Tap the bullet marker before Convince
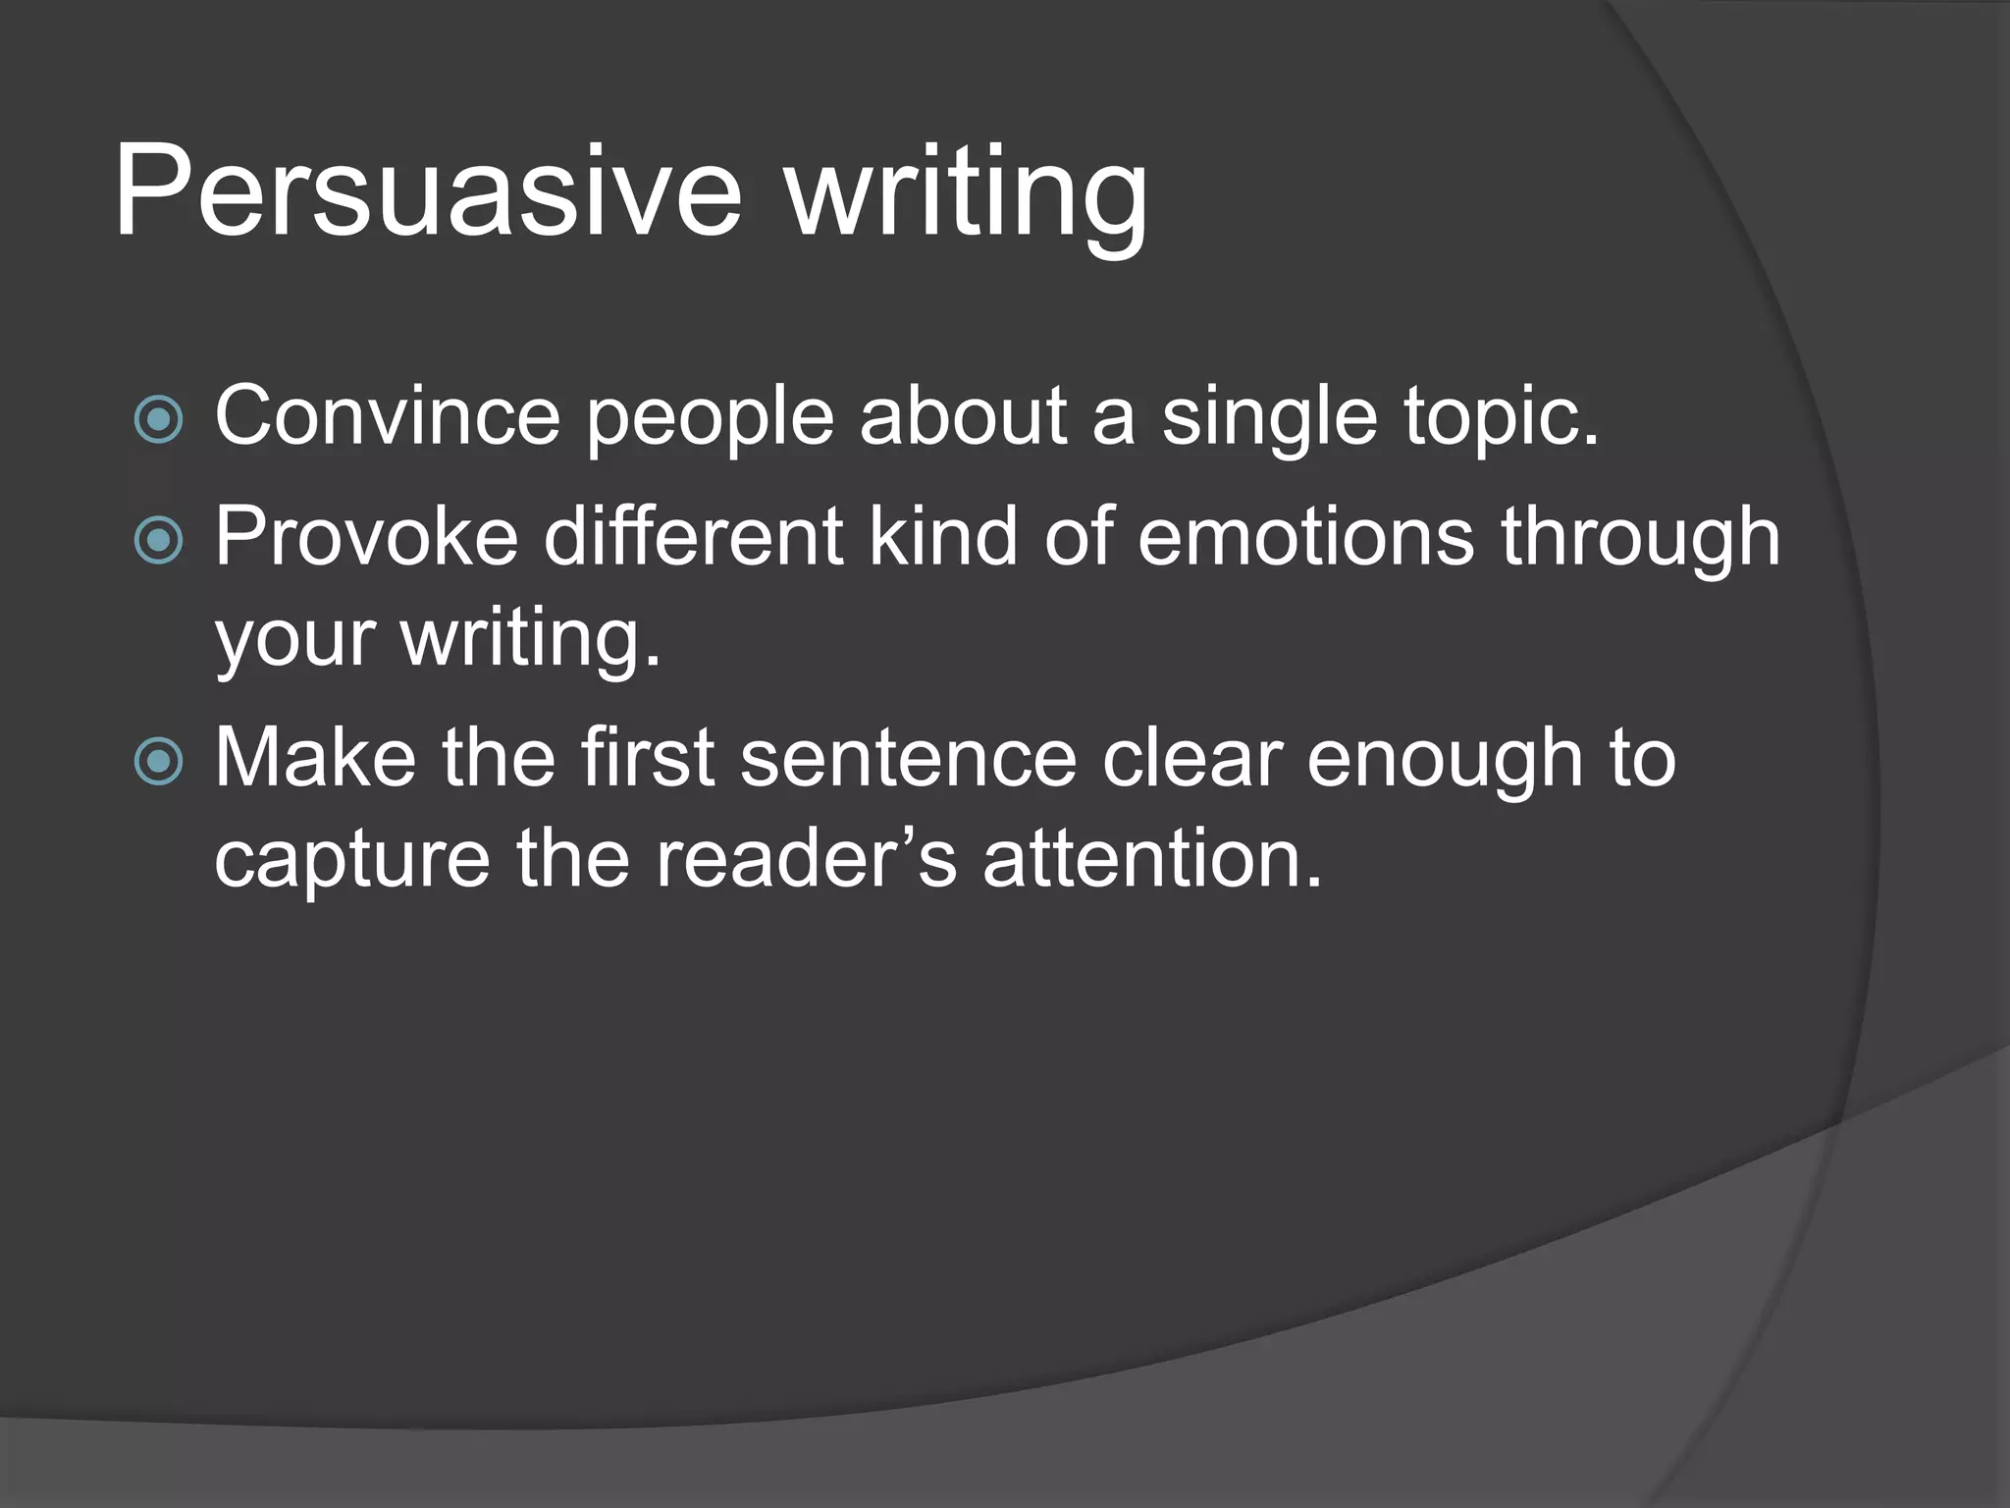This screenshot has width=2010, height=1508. (158, 420)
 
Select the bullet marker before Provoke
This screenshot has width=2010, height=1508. (158, 540)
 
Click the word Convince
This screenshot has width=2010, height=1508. (388, 416)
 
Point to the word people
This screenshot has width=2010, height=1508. (710, 422)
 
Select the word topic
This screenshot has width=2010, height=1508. (1501, 422)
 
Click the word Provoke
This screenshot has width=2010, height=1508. (366, 538)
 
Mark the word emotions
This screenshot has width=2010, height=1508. (1305, 538)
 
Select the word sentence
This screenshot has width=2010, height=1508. (908, 760)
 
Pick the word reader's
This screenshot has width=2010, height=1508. (805, 858)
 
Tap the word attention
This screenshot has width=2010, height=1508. (1152, 858)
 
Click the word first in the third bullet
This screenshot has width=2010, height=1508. (647, 758)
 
